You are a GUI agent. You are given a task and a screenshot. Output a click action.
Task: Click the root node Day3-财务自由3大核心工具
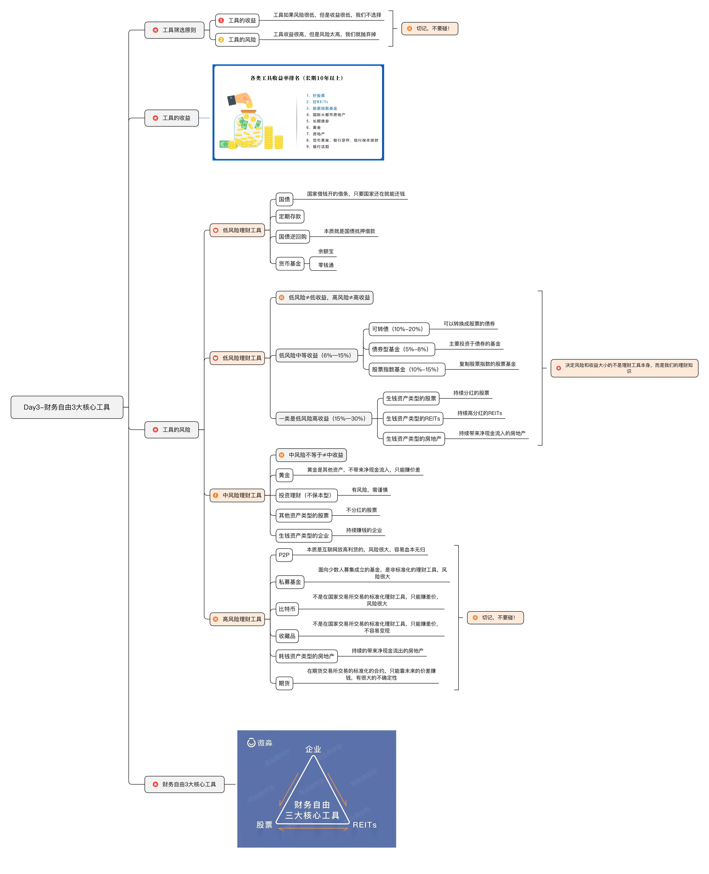(67, 407)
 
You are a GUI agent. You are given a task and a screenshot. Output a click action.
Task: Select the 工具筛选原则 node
(174, 30)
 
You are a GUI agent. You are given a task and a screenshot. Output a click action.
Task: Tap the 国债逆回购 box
(292, 237)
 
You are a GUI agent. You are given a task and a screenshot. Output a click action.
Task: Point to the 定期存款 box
(290, 217)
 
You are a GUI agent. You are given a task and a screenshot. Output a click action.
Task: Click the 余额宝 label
(326, 251)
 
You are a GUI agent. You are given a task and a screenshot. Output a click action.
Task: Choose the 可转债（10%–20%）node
(399, 329)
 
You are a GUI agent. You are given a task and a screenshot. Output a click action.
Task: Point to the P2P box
(284, 555)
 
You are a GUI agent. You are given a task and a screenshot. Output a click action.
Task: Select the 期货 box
(284, 683)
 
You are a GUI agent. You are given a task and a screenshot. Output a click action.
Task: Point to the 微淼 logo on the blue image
(260, 742)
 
